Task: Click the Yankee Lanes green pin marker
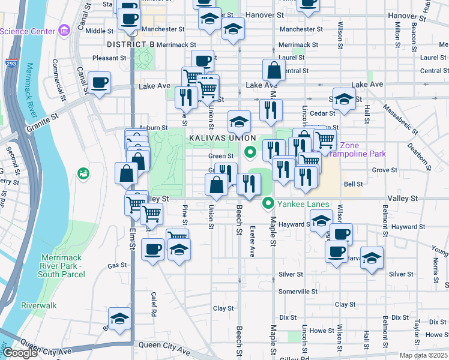(x=268, y=204)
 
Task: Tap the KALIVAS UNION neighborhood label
(x=218, y=137)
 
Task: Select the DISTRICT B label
(x=130, y=44)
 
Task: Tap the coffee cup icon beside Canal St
(x=99, y=82)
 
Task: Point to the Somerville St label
(x=298, y=291)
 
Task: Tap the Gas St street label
(x=117, y=265)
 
